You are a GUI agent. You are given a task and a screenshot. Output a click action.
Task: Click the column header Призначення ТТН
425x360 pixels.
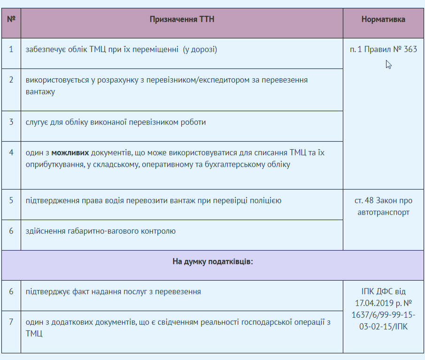182,19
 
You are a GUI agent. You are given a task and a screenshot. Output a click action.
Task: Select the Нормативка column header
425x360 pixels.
383,19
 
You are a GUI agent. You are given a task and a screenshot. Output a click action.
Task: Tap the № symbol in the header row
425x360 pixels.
11,19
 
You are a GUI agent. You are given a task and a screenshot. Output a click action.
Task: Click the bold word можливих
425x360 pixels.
70,153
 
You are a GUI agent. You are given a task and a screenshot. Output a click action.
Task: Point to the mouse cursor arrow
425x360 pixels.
388,64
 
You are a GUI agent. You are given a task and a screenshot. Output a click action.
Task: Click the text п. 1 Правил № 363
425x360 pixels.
383,49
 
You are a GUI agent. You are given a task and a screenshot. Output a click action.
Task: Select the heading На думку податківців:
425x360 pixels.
212,261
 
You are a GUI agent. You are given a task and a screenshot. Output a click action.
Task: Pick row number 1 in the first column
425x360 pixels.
11,49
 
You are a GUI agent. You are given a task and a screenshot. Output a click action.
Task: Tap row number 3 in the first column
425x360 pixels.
11,122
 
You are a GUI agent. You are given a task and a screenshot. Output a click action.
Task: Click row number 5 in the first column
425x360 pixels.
11,200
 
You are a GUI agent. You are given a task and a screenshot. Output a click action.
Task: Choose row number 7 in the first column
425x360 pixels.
11,322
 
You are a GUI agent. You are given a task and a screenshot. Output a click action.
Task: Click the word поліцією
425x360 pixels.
265,200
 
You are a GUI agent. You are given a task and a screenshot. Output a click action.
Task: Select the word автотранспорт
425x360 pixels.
383,212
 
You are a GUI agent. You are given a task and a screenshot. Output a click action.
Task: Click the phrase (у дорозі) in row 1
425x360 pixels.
200,49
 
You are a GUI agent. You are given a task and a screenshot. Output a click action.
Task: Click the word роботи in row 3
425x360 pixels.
193,122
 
